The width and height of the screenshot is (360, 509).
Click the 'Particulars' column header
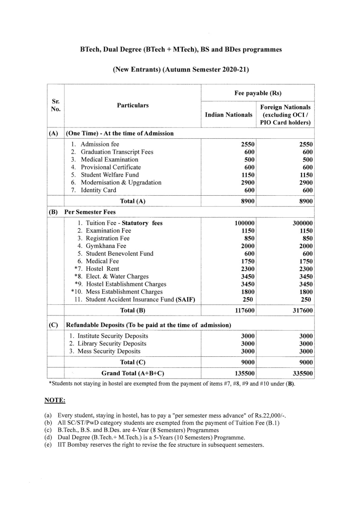pyautogui.click(x=132, y=105)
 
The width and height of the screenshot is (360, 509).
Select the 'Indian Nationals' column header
pyautogui.click(x=229, y=115)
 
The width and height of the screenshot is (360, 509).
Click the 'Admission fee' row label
pyautogui.click(x=100, y=144)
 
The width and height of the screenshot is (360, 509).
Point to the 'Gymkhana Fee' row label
pyautogui.click(x=106, y=246)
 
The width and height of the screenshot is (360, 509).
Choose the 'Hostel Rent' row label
pyautogui.click(x=102, y=269)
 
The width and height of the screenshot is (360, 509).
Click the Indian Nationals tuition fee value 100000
pyautogui.click(x=244, y=223)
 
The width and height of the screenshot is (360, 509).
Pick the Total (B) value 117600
pyautogui.click(x=244, y=310)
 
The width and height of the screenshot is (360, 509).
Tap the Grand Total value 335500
pyautogui.click(x=302, y=373)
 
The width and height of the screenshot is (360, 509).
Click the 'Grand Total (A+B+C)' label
pyautogui.click(x=133, y=373)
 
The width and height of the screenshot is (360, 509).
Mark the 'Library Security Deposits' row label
pyautogui.click(x=112, y=344)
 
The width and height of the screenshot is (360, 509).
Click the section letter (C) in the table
pyautogui.click(x=53, y=325)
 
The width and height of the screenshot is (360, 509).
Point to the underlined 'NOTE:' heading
pyautogui.click(x=55, y=400)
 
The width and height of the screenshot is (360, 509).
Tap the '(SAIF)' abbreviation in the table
pyautogui.click(x=185, y=299)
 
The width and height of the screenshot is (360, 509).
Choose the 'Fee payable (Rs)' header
pyautogui.click(x=258, y=93)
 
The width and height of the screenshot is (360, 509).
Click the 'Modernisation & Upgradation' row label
pyautogui.click(x=121, y=182)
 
